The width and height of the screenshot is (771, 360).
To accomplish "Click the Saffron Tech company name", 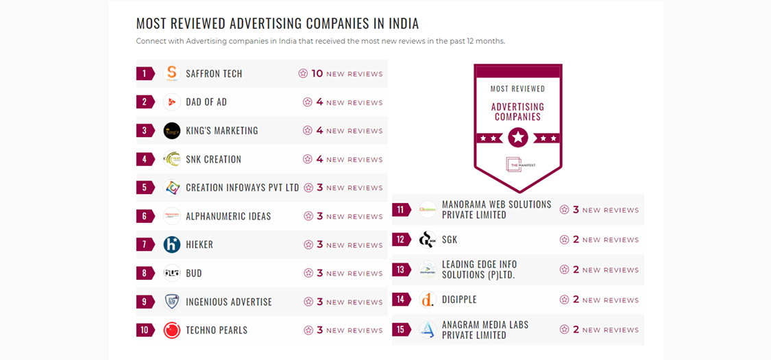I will tap(214, 73).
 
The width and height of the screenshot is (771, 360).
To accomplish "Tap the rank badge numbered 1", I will tap(145, 73).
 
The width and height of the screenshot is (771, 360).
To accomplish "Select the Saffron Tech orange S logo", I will tap(171, 73).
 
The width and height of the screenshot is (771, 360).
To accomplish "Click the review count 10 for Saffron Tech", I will tap(317, 73).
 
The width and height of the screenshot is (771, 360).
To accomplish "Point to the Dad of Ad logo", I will tap(171, 102).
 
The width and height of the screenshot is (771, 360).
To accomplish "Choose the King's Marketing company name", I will tap(221, 130).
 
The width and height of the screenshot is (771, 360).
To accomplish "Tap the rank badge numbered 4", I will tap(145, 159).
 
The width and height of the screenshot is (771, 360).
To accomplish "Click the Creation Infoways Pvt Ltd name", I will tap(242, 187).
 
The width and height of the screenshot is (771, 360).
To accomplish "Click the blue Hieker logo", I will tap(171, 244).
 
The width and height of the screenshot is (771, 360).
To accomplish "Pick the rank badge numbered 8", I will tap(145, 273).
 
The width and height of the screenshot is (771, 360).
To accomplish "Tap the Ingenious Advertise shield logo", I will tap(171, 302).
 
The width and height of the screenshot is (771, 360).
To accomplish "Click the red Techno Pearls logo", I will tap(171, 330).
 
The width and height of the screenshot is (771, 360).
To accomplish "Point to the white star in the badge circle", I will tap(518, 137).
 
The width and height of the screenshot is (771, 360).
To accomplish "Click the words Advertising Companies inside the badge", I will tap(517, 112).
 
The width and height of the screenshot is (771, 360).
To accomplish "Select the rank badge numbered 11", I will tap(401, 210).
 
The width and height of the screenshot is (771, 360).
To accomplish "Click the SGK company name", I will tap(450, 240).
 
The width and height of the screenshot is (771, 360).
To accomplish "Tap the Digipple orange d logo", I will tap(428, 300).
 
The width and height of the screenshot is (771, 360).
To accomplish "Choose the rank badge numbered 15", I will tap(401, 330).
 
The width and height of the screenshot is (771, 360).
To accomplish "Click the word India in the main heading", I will tap(404, 23).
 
